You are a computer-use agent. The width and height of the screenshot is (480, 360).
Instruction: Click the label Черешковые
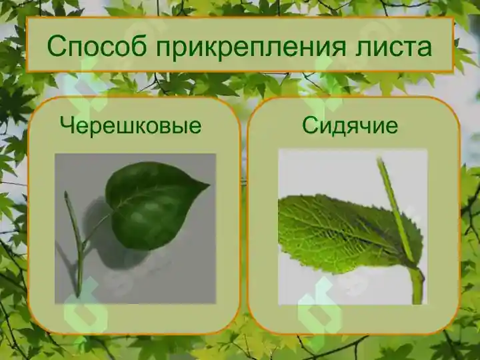click(x=131, y=125)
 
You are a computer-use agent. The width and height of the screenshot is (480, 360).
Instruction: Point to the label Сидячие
click(x=350, y=125)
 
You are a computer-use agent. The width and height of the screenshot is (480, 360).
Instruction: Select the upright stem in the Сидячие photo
click(x=399, y=213)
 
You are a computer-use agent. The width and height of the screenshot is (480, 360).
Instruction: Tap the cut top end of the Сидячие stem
click(x=381, y=161)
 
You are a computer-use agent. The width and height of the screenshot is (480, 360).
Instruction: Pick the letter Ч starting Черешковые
click(x=66, y=125)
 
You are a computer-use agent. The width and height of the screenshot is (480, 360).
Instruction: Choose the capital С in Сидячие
click(x=309, y=125)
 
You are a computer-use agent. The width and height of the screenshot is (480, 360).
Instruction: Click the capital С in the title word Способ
click(x=57, y=46)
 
